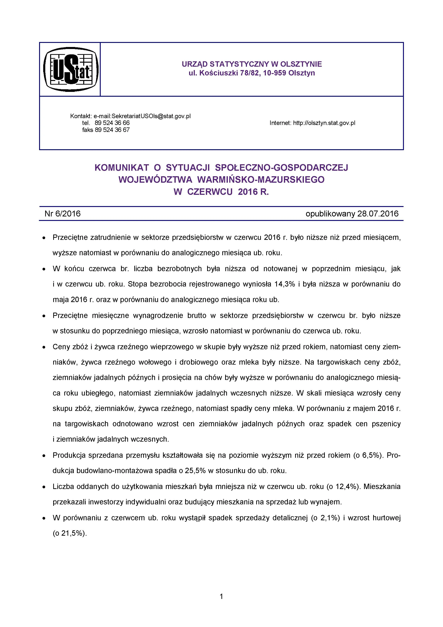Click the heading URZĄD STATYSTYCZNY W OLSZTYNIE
click(x=252, y=64)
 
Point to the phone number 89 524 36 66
click(x=112, y=123)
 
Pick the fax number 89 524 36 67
click(x=112, y=130)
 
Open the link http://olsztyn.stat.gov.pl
click(x=324, y=123)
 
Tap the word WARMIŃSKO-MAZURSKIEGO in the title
click(x=261, y=180)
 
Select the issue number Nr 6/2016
click(x=62, y=214)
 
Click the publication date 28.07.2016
click(x=378, y=214)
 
